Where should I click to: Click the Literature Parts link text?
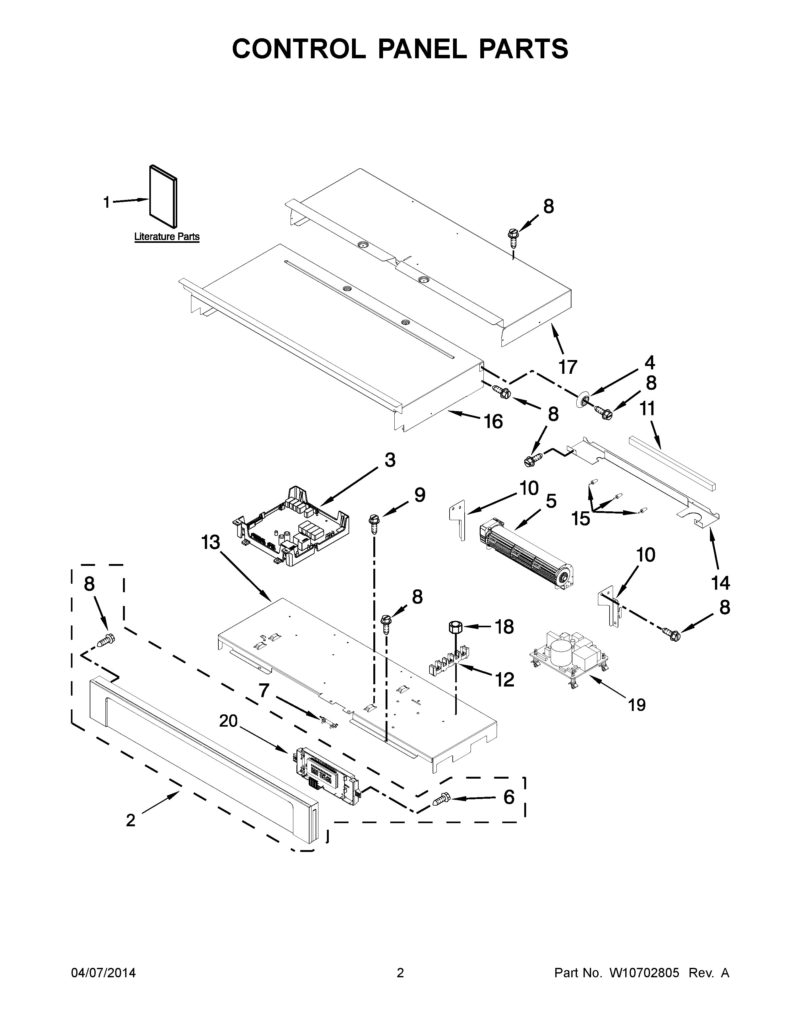click(167, 236)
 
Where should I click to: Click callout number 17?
click(568, 367)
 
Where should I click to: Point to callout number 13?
click(211, 542)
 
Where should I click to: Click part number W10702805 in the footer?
click(637, 973)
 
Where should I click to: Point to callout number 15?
click(581, 519)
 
